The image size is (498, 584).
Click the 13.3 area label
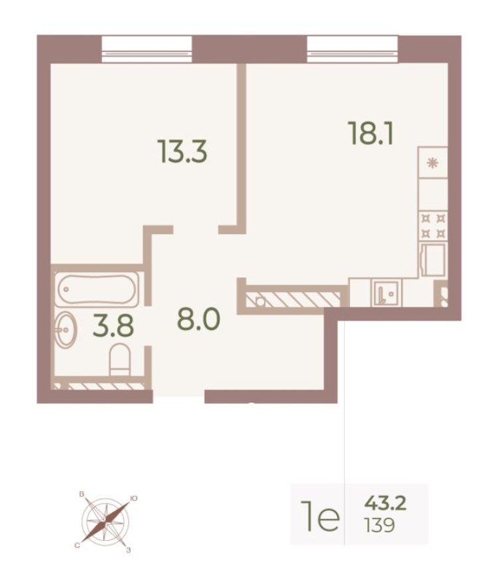[183, 151]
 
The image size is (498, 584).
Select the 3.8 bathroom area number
[113, 326]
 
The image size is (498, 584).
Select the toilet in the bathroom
[120, 359]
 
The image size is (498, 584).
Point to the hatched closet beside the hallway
[292, 299]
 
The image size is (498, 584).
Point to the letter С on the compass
[77, 545]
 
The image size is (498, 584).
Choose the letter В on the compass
[81, 495]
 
